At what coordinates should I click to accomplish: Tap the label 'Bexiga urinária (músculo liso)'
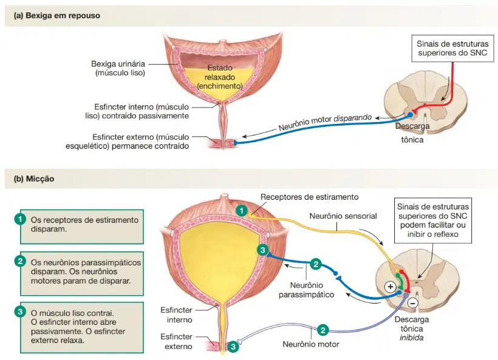[118, 68]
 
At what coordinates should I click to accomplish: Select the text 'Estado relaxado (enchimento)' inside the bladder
[219, 77]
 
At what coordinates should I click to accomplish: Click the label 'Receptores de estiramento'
[309, 197]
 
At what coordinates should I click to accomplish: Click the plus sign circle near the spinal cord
[388, 287]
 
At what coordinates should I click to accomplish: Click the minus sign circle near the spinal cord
[412, 302]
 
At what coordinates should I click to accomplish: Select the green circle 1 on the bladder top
[241, 211]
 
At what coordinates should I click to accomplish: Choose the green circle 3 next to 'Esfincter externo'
[233, 347]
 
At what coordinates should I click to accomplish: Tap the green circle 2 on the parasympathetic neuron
[315, 264]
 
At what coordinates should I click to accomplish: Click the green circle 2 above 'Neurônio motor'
[323, 330]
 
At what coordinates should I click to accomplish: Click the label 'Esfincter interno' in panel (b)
[177, 314]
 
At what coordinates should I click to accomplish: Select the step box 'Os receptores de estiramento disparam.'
[79, 225]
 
